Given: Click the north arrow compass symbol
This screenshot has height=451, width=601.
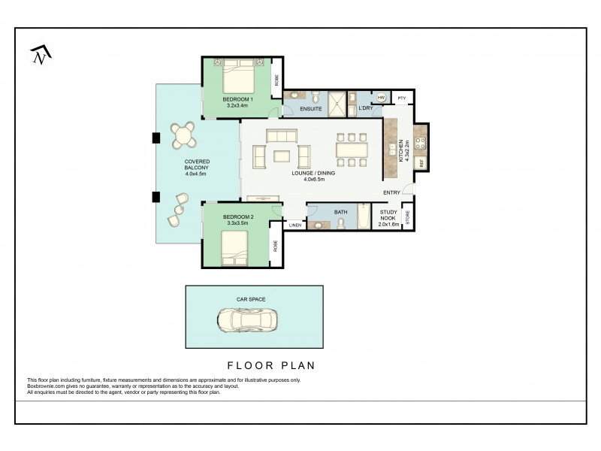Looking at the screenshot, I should [x=40, y=55].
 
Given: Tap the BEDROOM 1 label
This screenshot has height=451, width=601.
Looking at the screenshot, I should [x=237, y=99].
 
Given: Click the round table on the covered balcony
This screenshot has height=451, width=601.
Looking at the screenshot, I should [x=183, y=136].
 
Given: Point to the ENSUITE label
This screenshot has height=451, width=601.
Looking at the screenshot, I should [x=310, y=110].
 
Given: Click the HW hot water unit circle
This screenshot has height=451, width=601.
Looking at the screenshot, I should [x=381, y=98].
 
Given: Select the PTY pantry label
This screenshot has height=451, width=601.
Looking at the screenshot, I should [x=402, y=98].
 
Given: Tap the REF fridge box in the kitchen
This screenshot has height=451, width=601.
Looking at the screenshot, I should [x=421, y=162].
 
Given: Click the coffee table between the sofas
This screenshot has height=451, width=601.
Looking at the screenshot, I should [x=282, y=156].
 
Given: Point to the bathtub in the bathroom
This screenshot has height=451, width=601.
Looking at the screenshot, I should [x=364, y=218].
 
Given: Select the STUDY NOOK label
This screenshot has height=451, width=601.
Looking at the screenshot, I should [x=388, y=216].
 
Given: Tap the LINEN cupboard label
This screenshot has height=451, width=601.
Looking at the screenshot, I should [x=294, y=225].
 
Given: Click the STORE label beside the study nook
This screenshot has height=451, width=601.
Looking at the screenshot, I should [x=408, y=217].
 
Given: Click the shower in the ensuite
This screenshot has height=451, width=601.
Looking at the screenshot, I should [x=340, y=104].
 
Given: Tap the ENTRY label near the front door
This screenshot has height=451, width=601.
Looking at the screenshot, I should [x=391, y=193].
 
